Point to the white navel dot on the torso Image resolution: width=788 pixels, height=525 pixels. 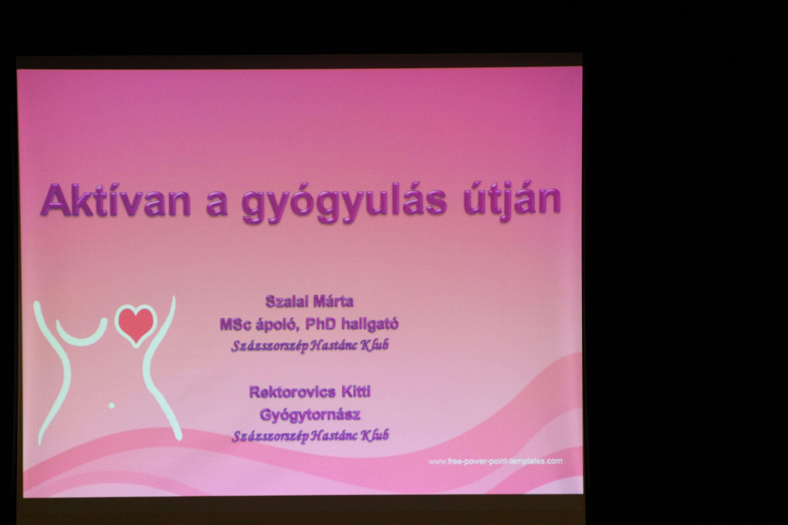tap(112, 405)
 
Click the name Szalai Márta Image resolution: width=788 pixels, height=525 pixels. tap(309, 301)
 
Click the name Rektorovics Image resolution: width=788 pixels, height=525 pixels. tap(292, 392)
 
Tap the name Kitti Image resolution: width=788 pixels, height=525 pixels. tap(356, 391)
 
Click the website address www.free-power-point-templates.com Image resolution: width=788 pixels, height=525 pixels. tap(495, 461)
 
